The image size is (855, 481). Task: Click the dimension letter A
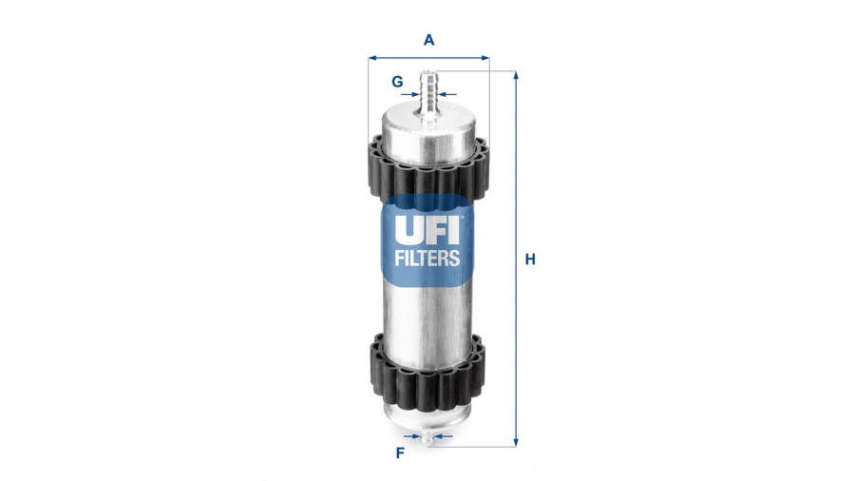[x=429, y=40]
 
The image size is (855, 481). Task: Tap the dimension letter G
[x=397, y=82]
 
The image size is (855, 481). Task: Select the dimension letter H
[x=530, y=260]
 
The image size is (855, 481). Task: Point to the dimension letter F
[x=400, y=452]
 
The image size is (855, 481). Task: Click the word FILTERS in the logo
[x=427, y=258]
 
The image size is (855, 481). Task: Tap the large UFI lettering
[x=427, y=230]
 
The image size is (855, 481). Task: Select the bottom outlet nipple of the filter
[x=428, y=437]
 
